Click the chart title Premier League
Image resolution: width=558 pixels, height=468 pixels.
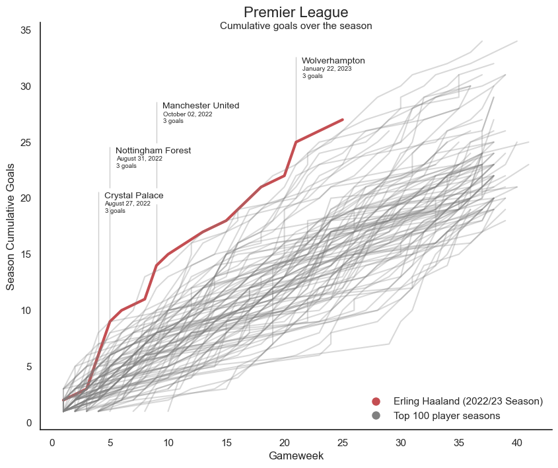tap(296, 13)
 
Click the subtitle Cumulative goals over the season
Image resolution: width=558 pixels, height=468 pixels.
tap(296, 26)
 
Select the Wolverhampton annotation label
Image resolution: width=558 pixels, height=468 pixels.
tap(333, 61)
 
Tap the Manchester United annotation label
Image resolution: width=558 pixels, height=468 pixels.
tap(201, 106)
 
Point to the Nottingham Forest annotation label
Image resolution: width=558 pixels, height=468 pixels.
tap(153, 151)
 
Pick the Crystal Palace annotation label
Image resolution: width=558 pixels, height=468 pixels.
tap(133, 196)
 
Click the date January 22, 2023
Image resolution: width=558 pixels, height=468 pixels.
tap(327, 69)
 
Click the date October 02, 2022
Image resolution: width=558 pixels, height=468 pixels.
tap(188, 114)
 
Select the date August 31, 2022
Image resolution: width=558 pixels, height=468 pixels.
tap(139, 159)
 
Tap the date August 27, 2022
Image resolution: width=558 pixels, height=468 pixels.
tap(127, 204)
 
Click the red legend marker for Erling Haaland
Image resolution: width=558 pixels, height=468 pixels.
tap(376, 401)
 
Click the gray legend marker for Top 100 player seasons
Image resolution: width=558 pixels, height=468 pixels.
tap(376, 416)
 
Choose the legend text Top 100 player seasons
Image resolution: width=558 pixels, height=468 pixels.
tap(446, 416)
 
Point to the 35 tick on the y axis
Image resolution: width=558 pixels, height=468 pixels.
tap(26, 30)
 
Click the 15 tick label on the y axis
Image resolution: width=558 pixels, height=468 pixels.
tap(26, 254)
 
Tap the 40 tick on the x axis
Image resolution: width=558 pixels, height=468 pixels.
tap(517, 442)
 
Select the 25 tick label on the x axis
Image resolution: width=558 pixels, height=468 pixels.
tap(343, 442)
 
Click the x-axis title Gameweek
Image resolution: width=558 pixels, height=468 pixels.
tap(296, 456)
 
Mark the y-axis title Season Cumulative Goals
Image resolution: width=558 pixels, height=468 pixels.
tap(11, 227)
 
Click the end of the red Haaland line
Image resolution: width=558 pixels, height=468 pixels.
tap(343, 120)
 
